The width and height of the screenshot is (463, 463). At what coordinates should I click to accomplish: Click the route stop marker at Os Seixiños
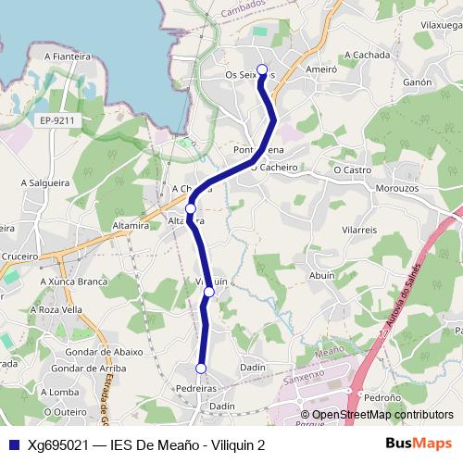point(262,69)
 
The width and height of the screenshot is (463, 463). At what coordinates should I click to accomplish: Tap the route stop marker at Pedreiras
point(200,369)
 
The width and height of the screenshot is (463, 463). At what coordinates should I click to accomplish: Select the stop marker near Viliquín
point(208,292)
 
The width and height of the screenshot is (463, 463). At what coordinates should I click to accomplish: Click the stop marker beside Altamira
point(190,209)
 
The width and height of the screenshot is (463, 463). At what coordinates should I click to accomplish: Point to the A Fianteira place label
point(67,56)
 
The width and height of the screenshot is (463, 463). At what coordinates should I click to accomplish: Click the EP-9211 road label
point(57,120)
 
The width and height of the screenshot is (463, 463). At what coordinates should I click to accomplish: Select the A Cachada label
point(368,56)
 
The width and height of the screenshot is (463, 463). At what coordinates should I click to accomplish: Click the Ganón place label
point(418,82)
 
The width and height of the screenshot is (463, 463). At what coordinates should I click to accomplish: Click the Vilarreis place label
point(359,228)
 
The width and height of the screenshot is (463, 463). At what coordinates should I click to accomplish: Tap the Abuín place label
point(322,275)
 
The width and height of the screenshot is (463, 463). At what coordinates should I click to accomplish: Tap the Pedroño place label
point(382,396)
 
